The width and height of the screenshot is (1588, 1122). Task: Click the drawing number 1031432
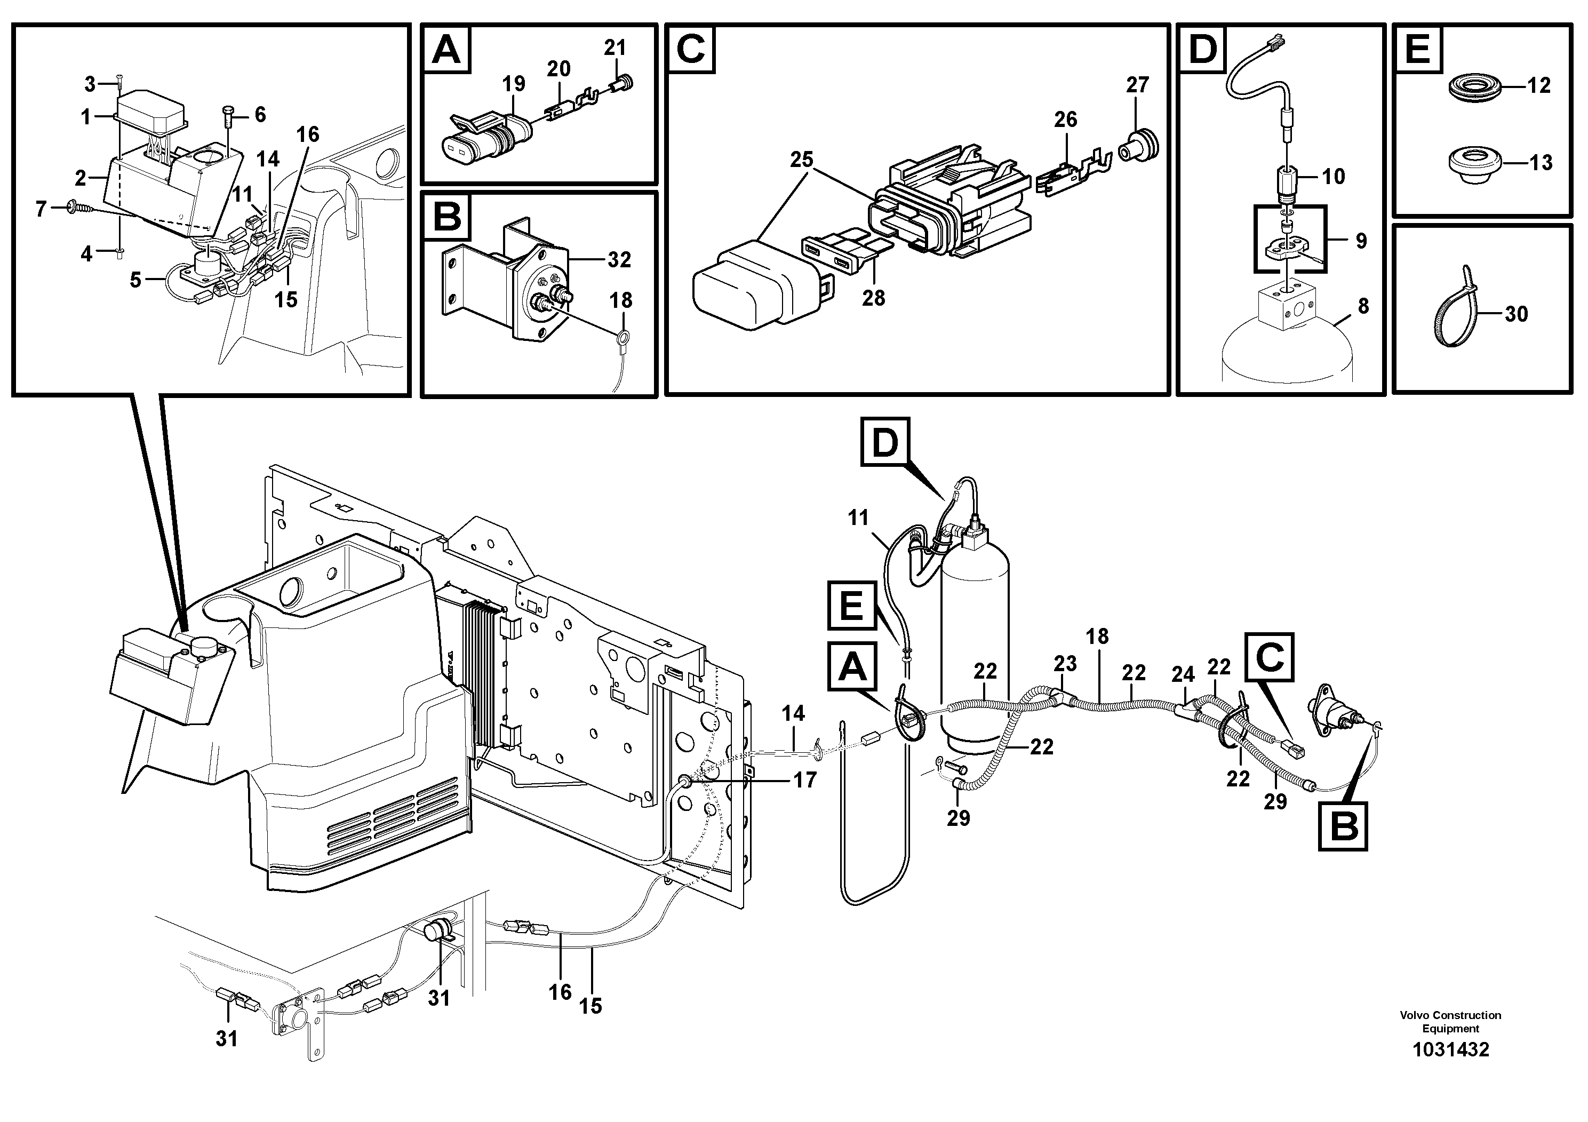1450,1049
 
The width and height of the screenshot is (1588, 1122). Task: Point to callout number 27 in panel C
1138,84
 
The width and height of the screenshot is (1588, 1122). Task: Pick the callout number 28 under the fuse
874,298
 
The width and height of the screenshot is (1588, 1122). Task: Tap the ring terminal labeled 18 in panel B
622,338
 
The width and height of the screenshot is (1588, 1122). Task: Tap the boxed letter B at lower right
1344,826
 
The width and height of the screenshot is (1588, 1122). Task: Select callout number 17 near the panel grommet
804,781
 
